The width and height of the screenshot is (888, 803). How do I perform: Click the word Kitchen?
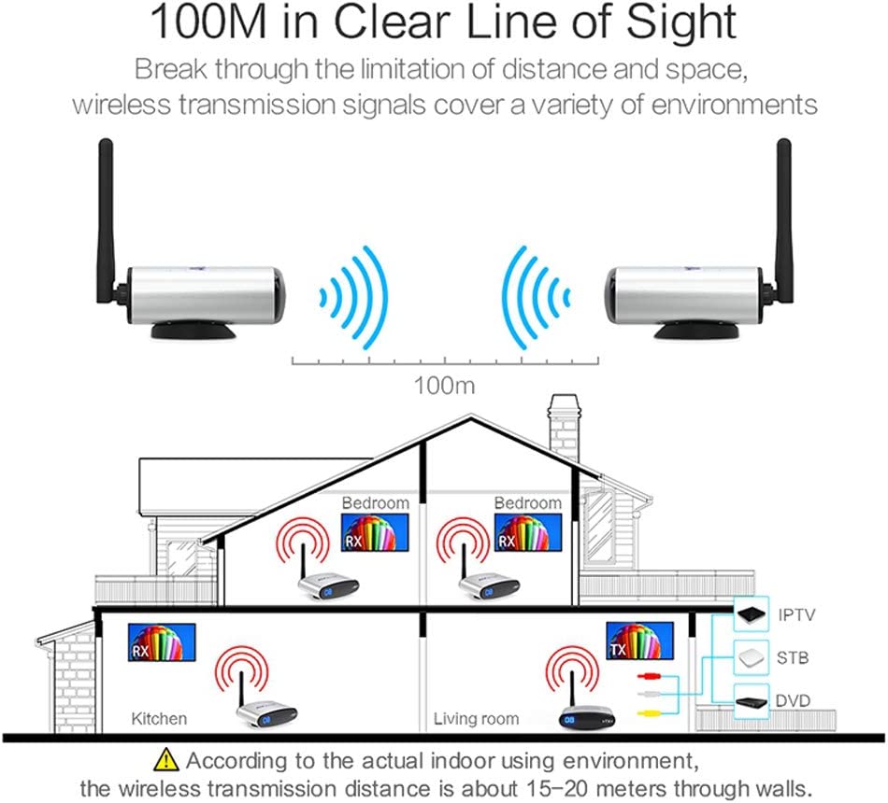coord(158,719)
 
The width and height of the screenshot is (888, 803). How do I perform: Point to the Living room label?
coord(477,719)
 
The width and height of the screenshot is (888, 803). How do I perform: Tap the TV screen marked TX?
coord(640,641)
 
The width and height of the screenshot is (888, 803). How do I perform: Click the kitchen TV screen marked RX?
coord(162,641)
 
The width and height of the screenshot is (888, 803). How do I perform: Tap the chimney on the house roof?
coord(565,430)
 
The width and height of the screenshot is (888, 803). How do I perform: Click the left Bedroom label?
coord(375,503)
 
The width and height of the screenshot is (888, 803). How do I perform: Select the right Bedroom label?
coord(528,503)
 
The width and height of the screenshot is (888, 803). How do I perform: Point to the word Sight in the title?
coord(676,23)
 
